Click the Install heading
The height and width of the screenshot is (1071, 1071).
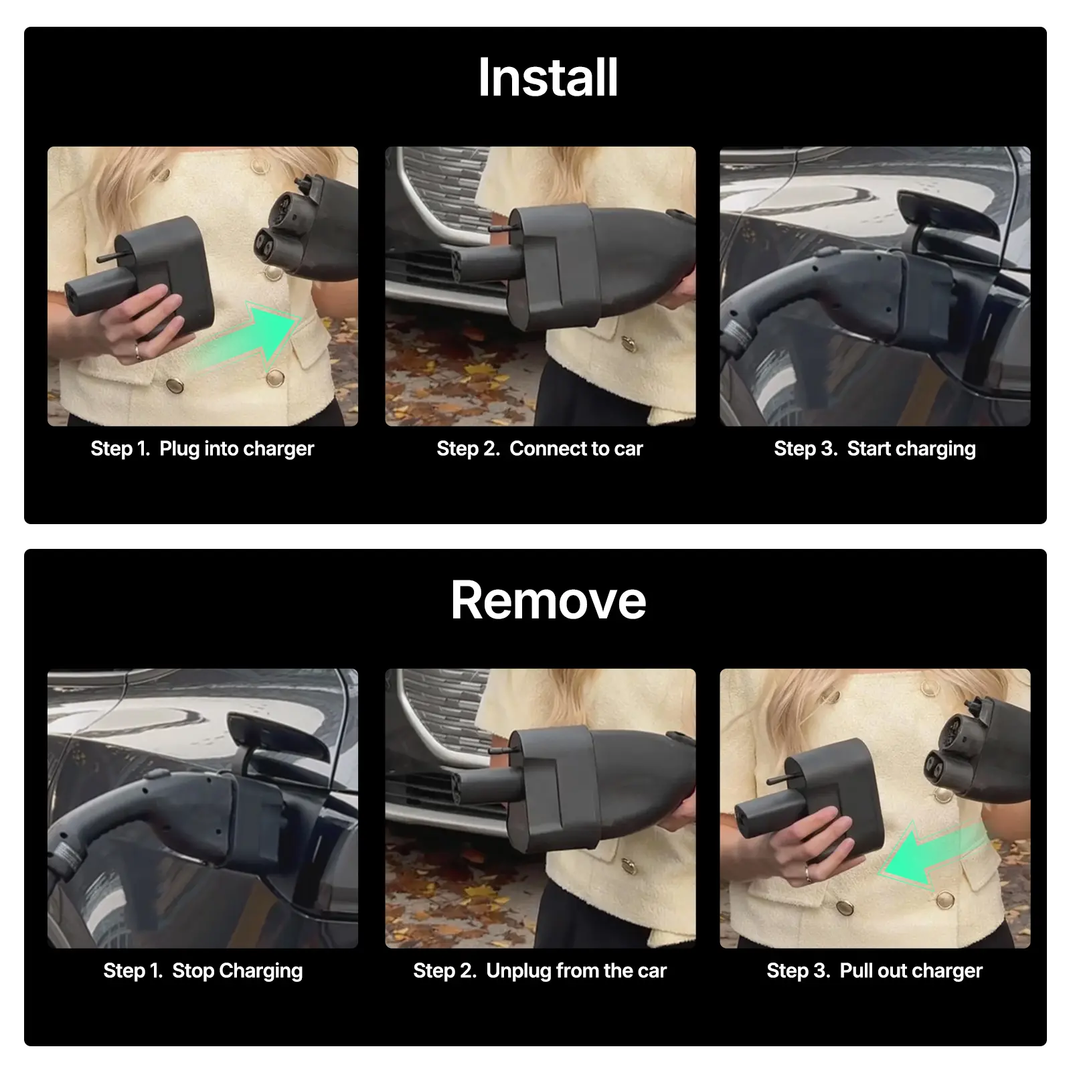548,78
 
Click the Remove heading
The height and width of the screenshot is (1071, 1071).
548,600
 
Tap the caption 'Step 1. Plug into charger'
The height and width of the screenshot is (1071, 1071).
202,448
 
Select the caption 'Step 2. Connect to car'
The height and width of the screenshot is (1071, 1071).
540,448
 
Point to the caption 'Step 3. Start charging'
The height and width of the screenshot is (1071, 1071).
875,448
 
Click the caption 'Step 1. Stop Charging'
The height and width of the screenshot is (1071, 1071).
203,971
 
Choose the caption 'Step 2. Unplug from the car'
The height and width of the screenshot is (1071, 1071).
540,971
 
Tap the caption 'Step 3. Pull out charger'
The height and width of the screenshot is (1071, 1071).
875,971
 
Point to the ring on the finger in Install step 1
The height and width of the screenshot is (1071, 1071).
138,351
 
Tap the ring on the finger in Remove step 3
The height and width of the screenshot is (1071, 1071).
809,873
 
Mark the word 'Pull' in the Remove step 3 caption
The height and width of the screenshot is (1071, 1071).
854,971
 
